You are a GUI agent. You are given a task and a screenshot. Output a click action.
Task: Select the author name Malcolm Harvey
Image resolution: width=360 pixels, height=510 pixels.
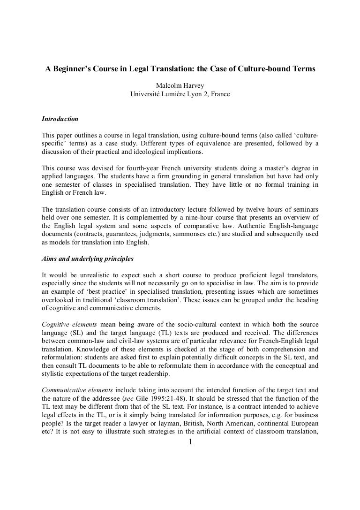point(180,86)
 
